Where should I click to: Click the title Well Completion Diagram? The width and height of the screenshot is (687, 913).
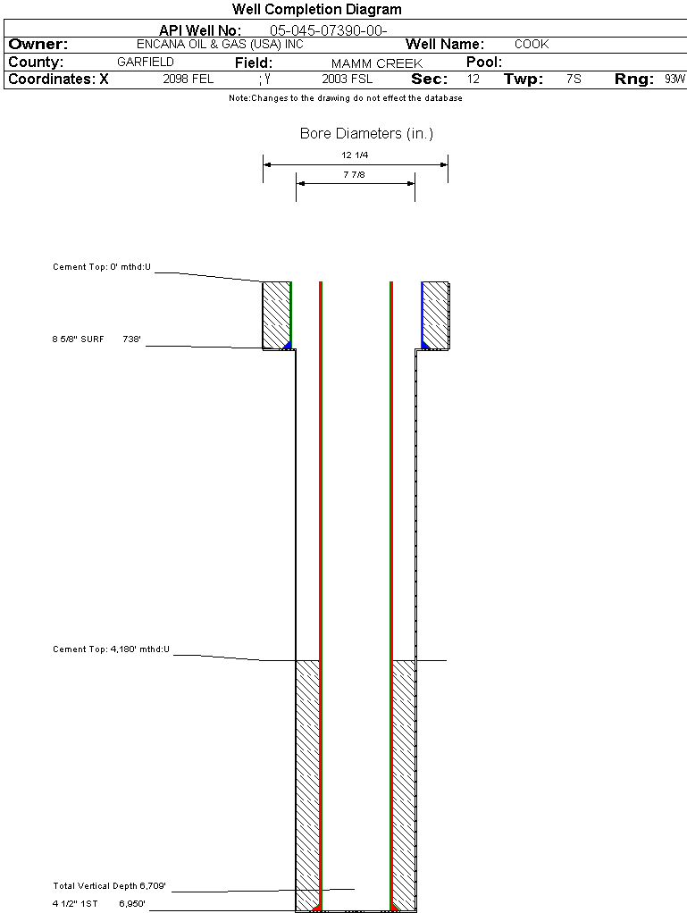317,10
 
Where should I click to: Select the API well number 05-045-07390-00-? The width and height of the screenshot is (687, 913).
328,30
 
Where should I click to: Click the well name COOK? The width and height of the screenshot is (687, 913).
532,44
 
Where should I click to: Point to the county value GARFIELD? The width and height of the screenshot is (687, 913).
146,63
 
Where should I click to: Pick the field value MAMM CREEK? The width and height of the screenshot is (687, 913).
377,63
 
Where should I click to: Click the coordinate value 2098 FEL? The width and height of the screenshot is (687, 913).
189,79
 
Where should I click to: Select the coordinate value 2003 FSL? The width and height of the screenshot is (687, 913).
348,79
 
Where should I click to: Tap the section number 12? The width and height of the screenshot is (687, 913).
473,79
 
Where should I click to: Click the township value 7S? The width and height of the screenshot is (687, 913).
574,79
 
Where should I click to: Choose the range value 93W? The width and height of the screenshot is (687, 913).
674,79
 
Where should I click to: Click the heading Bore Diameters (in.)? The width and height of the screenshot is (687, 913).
366,134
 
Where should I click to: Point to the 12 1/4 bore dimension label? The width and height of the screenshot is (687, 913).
356,155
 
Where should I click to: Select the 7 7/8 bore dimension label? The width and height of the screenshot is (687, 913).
355,174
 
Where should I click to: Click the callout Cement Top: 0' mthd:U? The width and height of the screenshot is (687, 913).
103,266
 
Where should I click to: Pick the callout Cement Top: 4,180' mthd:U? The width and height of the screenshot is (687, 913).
112,649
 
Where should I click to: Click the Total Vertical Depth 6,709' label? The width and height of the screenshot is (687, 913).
110,886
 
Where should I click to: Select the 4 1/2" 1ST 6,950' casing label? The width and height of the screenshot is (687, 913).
99,904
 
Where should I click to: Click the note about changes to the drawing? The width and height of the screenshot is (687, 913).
345,98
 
